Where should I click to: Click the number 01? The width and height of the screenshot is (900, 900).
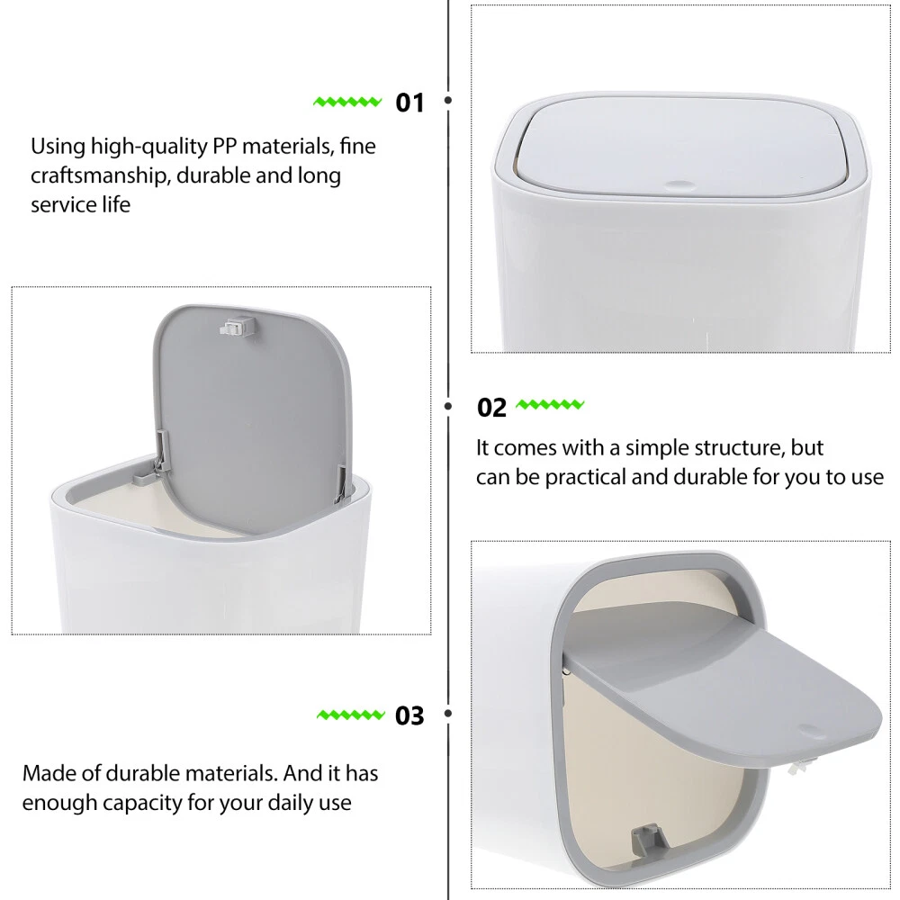pos(409,103)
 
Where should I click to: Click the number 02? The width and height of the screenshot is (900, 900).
pos(492,408)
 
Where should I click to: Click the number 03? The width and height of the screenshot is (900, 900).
pos(409,715)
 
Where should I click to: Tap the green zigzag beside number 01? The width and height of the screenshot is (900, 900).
pos(347,103)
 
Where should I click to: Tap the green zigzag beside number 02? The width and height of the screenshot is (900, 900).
pos(550,405)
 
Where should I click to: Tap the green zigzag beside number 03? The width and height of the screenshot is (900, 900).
pos(351,715)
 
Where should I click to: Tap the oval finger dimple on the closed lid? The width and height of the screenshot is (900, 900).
pos(679,185)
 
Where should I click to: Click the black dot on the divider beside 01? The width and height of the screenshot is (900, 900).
pos(448,101)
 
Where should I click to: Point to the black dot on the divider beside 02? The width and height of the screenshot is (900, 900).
pos(448,407)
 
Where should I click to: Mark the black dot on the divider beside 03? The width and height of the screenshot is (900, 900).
pos(448,714)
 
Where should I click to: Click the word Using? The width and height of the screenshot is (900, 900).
pos(58,147)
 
